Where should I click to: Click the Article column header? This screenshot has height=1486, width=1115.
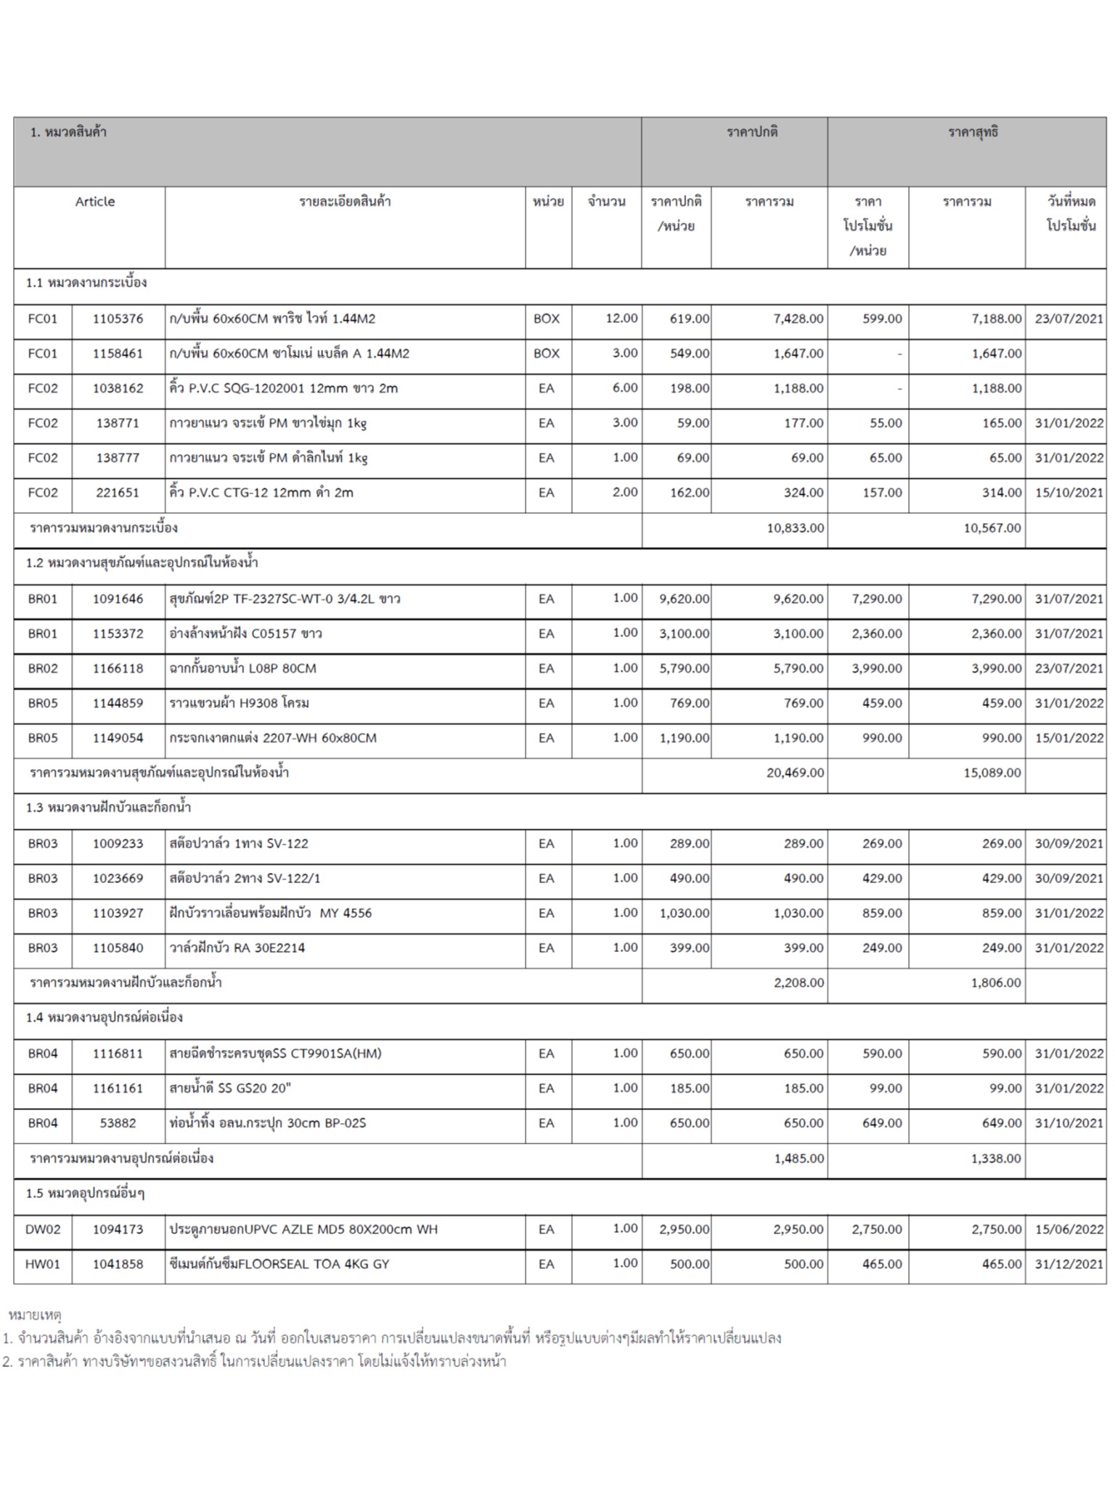coord(95,202)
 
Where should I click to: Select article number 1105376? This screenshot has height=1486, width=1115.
coord(118,319)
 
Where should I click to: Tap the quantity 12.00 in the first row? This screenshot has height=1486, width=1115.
coord(621,319)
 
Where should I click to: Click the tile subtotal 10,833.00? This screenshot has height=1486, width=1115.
coord(795,528)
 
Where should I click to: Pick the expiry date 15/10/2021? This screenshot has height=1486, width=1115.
coord(1069,493)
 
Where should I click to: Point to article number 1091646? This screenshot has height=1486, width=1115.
coord(118,599)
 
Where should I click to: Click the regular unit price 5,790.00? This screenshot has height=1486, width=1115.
coord(684,668)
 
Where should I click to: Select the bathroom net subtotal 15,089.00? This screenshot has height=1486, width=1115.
coord(992,773)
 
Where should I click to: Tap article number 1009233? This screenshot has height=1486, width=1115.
coord(118,844)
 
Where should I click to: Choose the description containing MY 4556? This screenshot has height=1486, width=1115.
coord(270,914)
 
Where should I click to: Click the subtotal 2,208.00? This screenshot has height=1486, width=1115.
coord(799,983)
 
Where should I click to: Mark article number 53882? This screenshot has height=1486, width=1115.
coord(118,1123)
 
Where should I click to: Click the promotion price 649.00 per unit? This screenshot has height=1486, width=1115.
coord(882,1123)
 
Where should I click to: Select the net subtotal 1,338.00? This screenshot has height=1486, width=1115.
coord(995,1159)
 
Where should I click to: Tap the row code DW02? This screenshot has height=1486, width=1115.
coord(43,1230)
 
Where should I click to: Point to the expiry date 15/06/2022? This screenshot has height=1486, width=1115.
coord(1069,1230)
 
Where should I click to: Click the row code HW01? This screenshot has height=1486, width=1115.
coord(43,1265)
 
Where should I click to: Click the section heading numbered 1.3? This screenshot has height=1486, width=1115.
coord(108,808)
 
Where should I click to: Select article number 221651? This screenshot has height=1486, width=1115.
coord(118,493)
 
